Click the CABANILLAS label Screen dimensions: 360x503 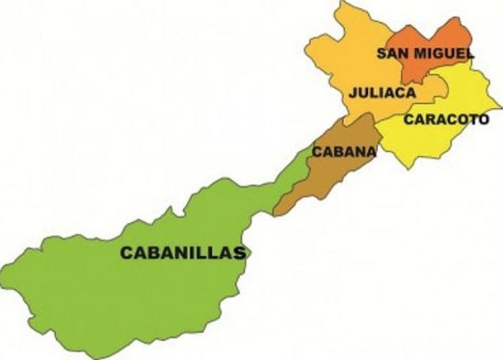coord(182,253)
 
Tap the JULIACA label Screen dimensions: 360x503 coord(383,93)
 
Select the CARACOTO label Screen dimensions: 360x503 coord(446,120)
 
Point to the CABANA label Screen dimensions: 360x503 coord(344,152)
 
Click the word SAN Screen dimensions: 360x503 coord(389,53)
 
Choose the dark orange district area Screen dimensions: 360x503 coord(437,36)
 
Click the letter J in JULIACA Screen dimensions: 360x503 coord(354,93)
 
